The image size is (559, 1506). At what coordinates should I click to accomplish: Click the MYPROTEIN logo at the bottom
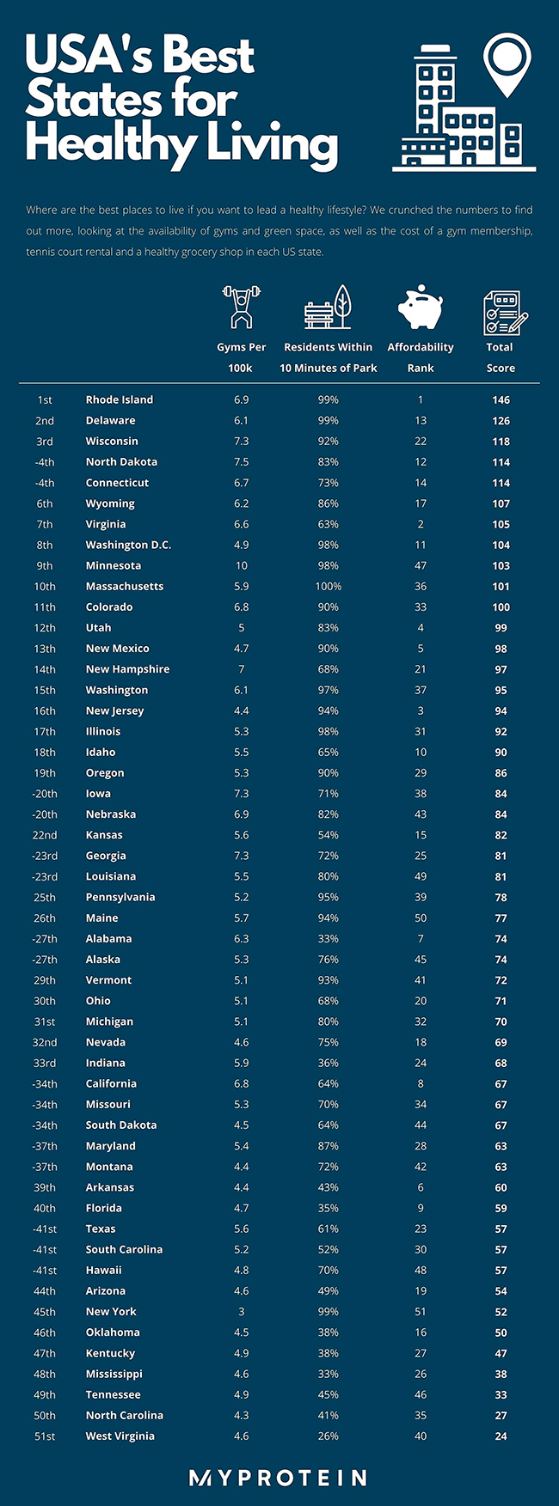coord(278,1478)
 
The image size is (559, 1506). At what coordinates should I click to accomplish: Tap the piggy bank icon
coord(420,308)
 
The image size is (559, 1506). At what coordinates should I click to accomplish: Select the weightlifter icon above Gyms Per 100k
coord(241,308)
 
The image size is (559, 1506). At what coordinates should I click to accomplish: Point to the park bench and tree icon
coord(328,308)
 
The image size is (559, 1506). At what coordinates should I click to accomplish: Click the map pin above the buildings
coord(507,64)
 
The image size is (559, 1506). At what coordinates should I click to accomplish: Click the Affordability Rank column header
coord(421,357)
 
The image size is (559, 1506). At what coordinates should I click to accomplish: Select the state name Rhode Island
coord(120,399)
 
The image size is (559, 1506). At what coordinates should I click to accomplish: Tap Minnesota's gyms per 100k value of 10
coord(242,565)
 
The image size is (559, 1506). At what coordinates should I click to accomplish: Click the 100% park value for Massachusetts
coord(329,586)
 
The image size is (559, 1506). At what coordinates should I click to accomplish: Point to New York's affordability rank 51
coord(421,1312)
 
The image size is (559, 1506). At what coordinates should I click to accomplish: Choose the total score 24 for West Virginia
coord(501,1436)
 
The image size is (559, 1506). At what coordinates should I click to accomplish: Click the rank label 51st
coord(45,1436)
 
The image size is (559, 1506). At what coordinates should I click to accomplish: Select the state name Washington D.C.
coord(128,545)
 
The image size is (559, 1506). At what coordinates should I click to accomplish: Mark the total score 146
coord(501,399)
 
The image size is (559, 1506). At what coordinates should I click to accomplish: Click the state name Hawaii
coord(104,1271)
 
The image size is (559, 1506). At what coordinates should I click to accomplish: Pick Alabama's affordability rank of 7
coord(421,939)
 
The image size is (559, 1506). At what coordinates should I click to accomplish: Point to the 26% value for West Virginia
coord(329,1436)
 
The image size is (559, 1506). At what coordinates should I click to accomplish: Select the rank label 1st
coord(45,399)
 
